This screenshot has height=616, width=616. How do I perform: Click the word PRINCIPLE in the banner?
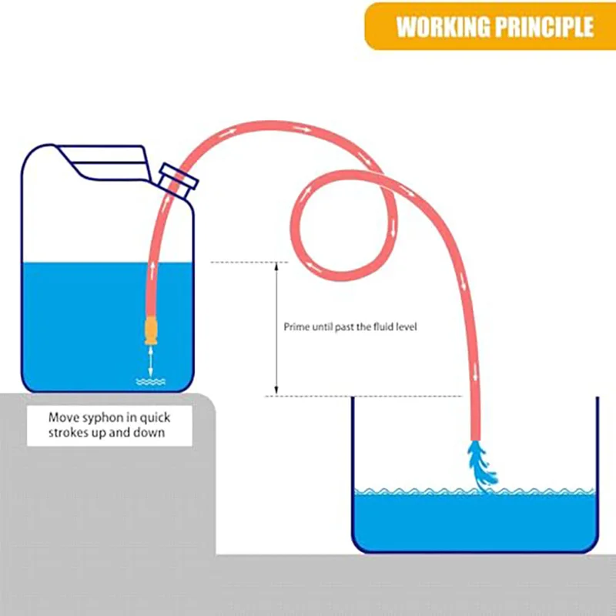coord(544,27)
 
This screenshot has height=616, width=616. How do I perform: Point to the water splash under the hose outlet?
coord(482,466)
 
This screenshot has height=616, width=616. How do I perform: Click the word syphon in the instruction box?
coord(99,418)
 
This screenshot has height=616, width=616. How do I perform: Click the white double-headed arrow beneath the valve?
coord(151,362)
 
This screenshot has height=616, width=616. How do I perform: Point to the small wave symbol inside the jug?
coord(151,381)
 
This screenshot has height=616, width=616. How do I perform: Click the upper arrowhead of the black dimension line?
coord(276,266)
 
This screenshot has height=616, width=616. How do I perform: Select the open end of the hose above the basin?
coord(476,438)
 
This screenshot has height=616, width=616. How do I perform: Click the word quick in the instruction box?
coord(156,418)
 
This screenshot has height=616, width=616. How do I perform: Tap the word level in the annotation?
coord(406,326)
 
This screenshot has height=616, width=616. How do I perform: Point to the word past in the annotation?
coord(344,327)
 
